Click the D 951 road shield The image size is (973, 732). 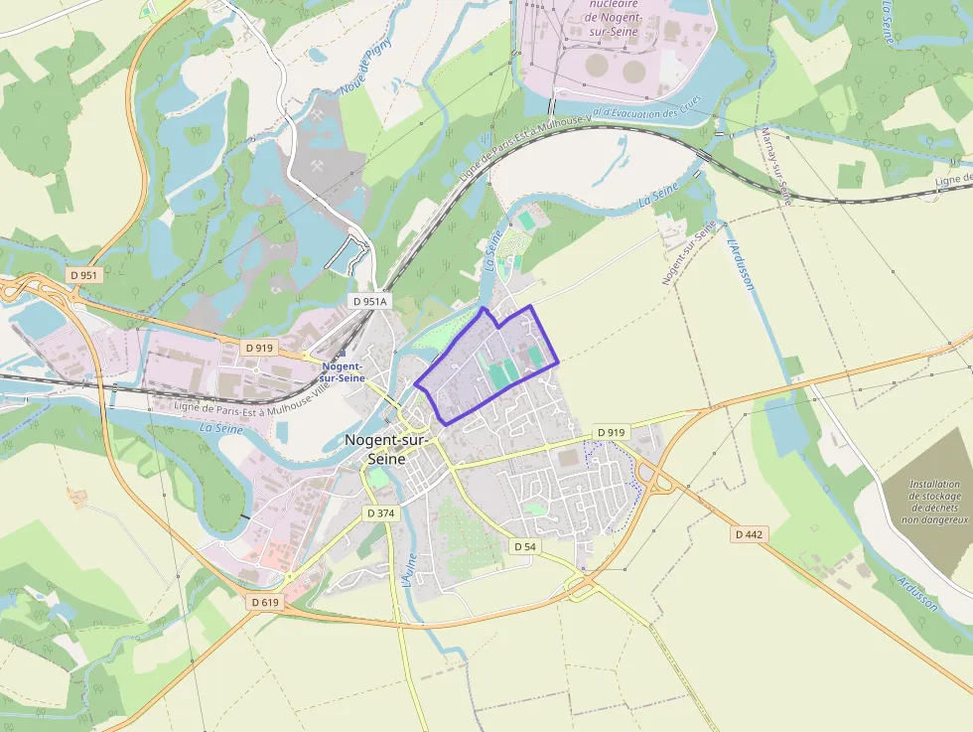click(85, 274)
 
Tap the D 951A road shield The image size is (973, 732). click(370, 301)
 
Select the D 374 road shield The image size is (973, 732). click(380, 513)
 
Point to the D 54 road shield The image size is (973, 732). click(525, 547)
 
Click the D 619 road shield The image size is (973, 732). click(265, 602)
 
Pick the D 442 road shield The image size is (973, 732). click(751, 534)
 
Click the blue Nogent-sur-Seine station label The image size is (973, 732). click(343, 371)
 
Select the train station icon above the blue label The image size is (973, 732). click(342, 353)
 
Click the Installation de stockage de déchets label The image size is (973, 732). click(934, 502)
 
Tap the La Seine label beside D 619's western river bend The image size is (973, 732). click(221, 428)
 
